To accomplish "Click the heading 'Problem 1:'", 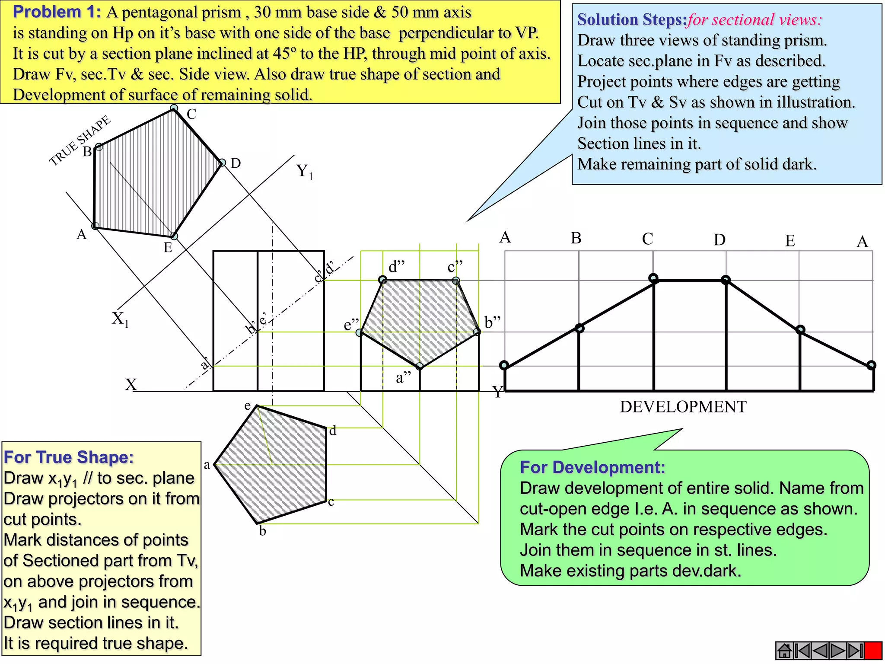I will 57,12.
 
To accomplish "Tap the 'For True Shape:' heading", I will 69,457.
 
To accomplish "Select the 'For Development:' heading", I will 592,467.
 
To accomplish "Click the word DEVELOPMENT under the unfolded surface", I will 683,407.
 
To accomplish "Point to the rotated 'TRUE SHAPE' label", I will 80,140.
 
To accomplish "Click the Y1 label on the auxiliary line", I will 304,172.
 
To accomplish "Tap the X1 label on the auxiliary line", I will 120,319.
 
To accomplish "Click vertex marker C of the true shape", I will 174,108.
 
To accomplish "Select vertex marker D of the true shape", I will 222,163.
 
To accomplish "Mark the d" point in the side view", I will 382,280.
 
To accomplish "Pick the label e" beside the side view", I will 351,325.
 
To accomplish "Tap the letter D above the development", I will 719,239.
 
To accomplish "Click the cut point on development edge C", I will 653,278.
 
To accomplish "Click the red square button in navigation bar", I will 873,651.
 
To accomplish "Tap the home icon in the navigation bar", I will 784,651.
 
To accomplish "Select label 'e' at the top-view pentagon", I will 248,405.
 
